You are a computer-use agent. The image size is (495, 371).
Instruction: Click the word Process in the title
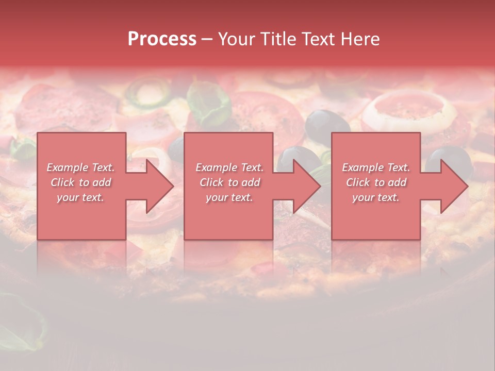click(x=162, y=39)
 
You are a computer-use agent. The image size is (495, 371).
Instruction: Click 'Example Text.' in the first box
click(x=80, y=167)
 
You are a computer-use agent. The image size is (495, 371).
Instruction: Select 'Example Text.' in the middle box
click(x=229, y=167)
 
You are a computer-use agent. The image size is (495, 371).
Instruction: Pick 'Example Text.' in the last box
click(x=376, y=167)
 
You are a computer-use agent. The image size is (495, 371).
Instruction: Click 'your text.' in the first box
click(x=80, y=197)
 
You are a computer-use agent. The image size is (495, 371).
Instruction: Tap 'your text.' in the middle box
click(x=229, y=197)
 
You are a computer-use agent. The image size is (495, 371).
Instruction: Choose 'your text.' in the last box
click(x=376, y=197)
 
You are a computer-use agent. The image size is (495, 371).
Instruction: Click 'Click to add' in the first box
click(x=80, y=182)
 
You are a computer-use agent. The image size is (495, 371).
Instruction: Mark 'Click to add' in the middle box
click(x=229, y=182)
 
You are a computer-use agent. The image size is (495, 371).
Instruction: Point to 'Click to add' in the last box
click(x=376, y=182)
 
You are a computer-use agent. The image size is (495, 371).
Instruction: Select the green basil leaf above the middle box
click(x=209, y=103)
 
